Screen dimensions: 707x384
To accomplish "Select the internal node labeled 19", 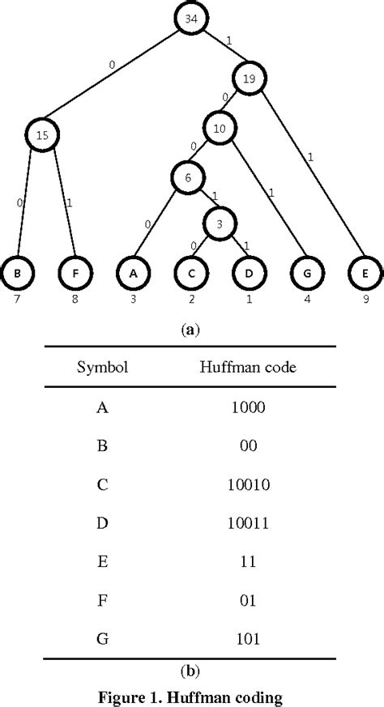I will [x=249, y=78].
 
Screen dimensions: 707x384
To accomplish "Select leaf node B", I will [x=17, y=273].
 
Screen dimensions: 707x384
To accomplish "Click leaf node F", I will [x=75, y=273].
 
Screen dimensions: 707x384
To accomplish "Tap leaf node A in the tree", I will [x=133, y=273].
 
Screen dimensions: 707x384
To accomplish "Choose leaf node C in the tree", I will [x=191, y=273].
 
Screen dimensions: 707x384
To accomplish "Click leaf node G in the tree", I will [x=307, y=273].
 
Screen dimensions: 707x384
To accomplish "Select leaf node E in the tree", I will [x=365, y=273].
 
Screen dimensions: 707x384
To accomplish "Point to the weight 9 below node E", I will [x=365, y=297].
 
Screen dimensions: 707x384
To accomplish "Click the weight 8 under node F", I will [x=75, y=297].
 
